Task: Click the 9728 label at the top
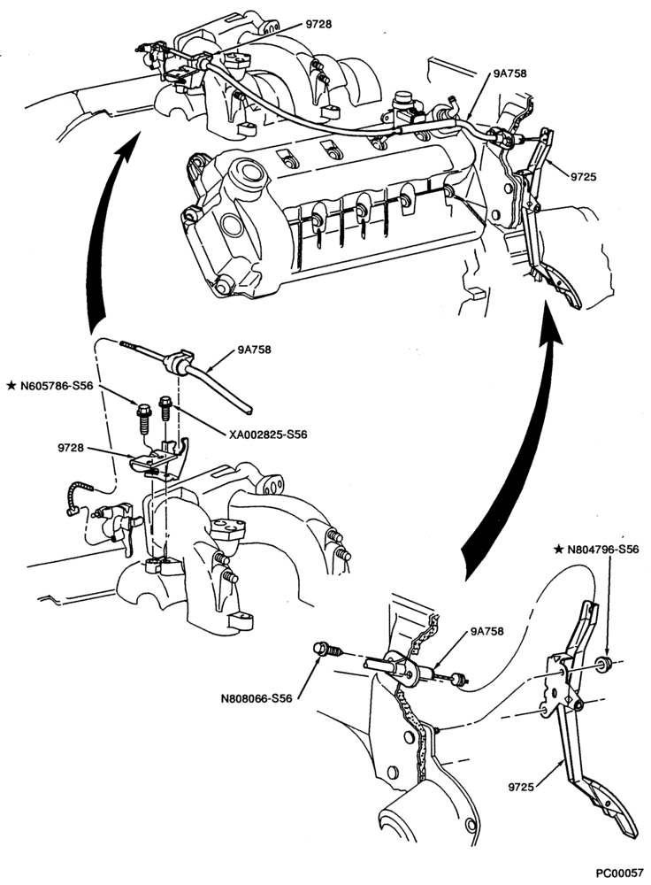click(318, 24)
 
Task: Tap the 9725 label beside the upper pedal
click(583, 177)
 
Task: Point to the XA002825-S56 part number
click(268, 435)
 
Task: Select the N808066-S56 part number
click(257, 698)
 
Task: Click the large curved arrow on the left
click(102, 226)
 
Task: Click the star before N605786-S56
click(11, 386)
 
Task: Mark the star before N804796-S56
click(558, 549)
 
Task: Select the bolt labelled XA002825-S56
click(165, 408)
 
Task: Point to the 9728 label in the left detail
click(71, 448)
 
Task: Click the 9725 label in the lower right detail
click(521, 786)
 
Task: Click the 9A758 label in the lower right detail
click(486, 631)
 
